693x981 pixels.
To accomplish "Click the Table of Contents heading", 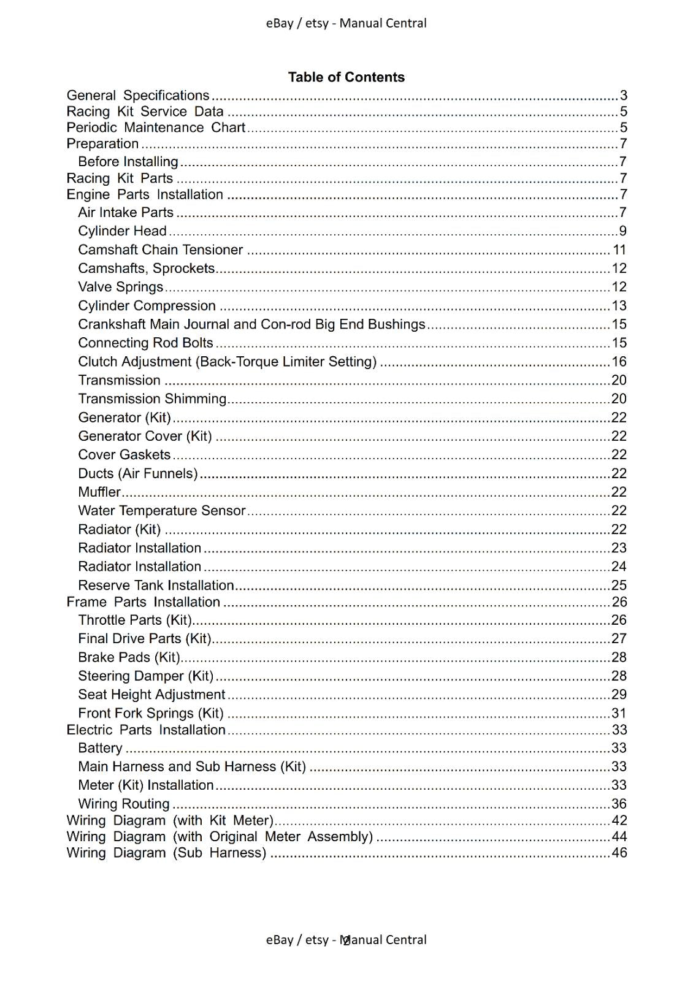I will coord(346,77).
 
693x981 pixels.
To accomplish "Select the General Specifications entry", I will coord(138,96).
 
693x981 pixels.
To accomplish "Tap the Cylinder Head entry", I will coord(122,231).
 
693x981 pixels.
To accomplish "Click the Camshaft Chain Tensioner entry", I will coord(160,250).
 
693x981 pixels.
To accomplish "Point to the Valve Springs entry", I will coord(120,287).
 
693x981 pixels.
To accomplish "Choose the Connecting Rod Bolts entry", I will coord(145,343).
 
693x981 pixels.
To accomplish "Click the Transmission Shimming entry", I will coord(152,399).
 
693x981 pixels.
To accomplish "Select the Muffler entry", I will coord(99,492).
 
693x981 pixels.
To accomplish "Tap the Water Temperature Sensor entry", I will coord(161,511).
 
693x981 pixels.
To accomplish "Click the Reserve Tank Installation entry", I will coord(156,586).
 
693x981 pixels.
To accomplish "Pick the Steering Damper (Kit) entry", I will coord(145,676).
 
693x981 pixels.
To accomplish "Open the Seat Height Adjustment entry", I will coord(151,695).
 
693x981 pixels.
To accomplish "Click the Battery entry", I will coord(100,748).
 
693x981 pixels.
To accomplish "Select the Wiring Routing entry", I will coord(123,804).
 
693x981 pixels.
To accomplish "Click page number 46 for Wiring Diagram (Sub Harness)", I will coord(619,853).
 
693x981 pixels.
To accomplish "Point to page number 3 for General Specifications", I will coord(624,96).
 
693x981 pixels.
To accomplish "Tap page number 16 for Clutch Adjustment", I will coord(619,362).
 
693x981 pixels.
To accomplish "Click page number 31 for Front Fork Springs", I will coord(619,714).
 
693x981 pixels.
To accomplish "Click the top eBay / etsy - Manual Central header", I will coord(346,23).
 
